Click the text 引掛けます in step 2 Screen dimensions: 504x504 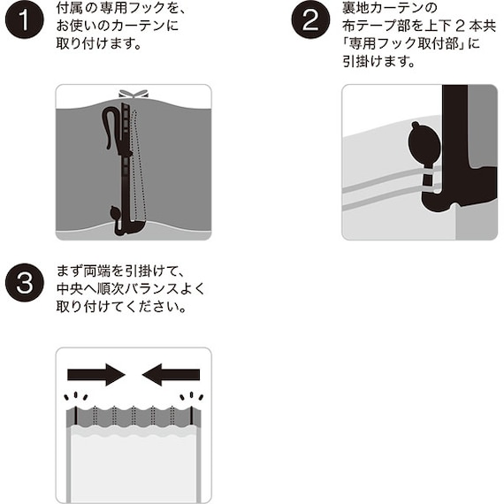[x=372, y=63]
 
